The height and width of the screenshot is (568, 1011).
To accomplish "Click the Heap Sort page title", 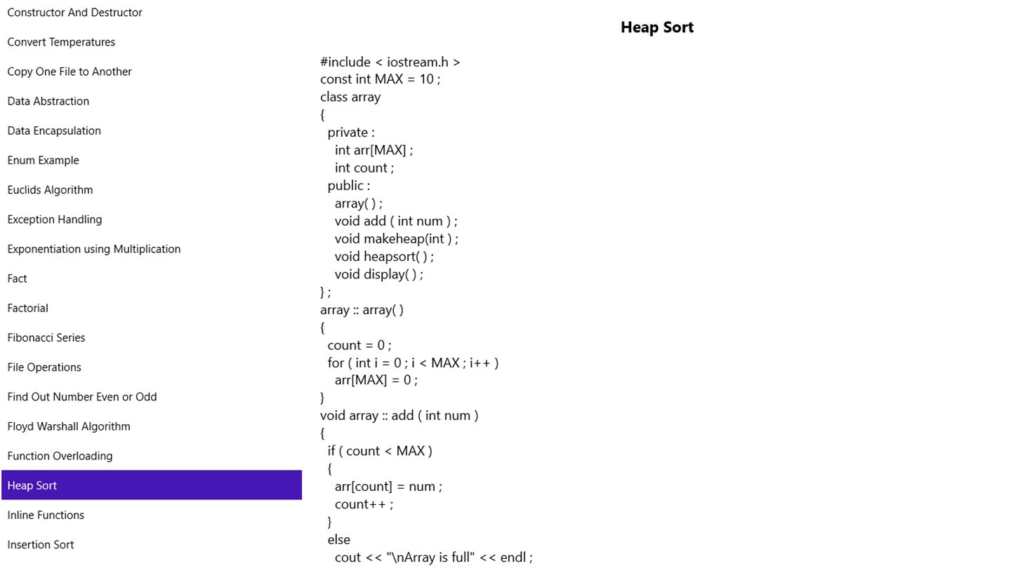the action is tap(656, 27).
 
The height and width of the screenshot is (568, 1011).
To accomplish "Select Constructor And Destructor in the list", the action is tap(74, 12).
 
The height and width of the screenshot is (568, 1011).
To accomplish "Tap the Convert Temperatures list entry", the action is tap(61, 42).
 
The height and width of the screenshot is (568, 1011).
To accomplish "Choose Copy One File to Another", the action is tap(70, 72).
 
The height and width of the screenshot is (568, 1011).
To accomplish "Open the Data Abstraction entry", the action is tap(48, 101).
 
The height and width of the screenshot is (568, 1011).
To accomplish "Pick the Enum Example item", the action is tap(43, 160).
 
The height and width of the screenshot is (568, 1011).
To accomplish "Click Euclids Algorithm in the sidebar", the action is tap(50, 190).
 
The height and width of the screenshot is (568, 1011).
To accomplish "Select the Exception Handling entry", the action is tap(55, 219).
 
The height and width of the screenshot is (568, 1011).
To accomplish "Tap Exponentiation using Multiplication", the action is tap(94, 249).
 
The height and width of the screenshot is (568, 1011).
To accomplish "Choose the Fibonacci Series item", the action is tap(46, 338).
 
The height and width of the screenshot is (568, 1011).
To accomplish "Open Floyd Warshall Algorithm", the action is tap(69, 426).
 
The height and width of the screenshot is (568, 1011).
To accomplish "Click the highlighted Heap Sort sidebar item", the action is tap(152, 485).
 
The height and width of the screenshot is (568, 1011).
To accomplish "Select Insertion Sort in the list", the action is tap(41, 545).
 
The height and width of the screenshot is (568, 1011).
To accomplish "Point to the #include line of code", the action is tap(390, 62).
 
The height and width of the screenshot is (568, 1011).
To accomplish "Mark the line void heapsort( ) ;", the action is tap(384, 257).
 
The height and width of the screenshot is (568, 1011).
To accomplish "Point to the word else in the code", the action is tap(339, 540).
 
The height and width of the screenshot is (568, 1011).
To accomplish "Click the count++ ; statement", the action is tap(364, 504).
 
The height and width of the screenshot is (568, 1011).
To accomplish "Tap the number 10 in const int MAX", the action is tap(427, 79).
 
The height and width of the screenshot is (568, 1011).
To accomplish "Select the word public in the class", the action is tap(345, 186).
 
